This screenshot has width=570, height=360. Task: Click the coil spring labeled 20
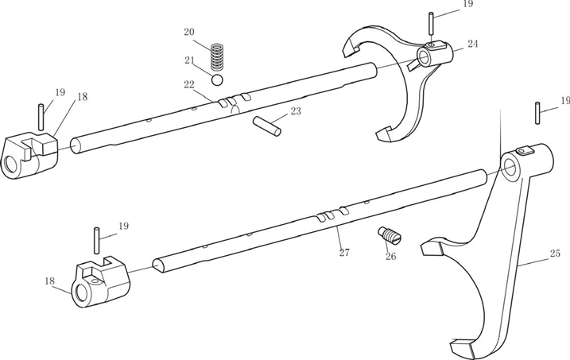point(216,58)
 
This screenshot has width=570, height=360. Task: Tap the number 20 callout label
point(188,33)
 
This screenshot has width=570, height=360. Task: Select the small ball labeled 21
point(217,79)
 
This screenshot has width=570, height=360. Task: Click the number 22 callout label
point(188,85)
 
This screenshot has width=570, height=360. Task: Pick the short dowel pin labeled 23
point(266,126)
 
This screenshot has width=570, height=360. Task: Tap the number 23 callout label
point(296,111)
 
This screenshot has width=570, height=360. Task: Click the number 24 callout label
point(472,44)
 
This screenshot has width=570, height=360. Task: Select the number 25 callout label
point(555,254)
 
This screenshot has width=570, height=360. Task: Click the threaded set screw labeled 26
point(389,236)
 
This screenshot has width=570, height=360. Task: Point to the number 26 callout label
point(390,256)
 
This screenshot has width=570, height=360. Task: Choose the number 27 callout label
point(344,254)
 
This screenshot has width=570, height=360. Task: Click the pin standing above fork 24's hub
point(430,25)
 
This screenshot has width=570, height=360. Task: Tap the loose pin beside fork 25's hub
point(538,112)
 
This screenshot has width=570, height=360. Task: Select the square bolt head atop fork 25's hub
point(522,151)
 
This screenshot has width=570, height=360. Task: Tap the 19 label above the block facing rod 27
point(122,226)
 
